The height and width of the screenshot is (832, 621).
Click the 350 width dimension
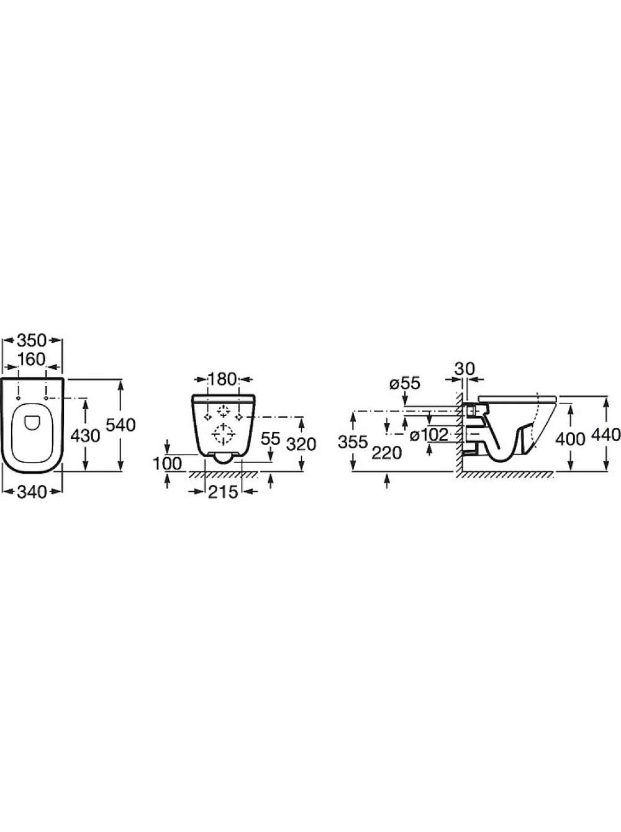32,340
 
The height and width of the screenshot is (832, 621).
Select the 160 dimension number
32,359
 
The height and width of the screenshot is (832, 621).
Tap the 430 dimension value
85,436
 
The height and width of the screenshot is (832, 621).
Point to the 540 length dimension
120,425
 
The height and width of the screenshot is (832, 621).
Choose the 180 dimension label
223,379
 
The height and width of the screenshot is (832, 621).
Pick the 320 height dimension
301,444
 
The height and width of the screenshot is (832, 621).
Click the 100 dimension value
168,464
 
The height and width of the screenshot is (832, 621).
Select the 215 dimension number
224,492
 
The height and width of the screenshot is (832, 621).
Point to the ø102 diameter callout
429,435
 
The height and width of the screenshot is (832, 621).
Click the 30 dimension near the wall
465,368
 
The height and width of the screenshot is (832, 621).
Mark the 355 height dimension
353,442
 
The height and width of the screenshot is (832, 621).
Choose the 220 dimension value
387,453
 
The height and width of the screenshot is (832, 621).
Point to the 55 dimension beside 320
270,438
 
